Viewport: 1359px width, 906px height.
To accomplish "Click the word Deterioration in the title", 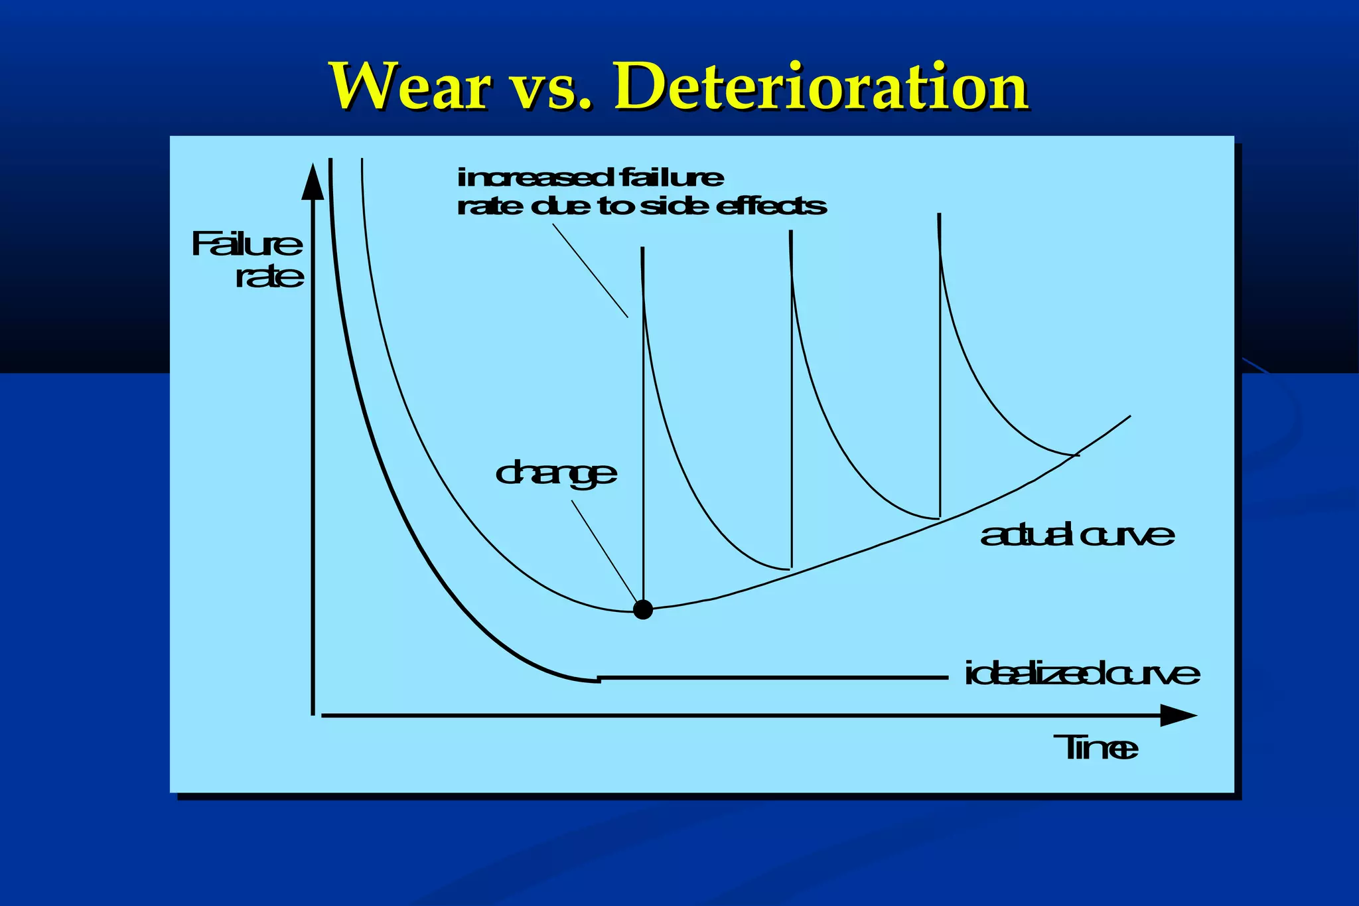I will (822, 87).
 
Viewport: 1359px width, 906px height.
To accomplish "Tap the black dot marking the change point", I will (643, 609).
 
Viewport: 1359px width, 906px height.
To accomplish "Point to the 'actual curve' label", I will (1077, 535).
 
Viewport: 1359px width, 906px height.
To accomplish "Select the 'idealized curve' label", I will (1082, 674).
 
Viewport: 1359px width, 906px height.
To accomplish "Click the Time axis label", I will (1096, 748).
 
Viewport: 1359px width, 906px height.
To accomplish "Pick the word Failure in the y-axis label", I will (247, 244).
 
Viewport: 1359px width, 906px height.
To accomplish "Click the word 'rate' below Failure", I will (269, 276).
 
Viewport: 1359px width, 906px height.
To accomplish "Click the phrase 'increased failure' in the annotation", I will (591, 178).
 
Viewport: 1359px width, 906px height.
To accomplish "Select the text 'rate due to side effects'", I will (642, 206).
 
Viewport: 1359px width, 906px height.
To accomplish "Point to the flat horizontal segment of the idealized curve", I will (773, 678).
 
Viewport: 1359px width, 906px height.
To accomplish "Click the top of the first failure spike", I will (642, 250).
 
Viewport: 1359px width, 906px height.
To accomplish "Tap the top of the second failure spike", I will (790, 232).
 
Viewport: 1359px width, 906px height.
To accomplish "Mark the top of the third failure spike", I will (938, 216).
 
